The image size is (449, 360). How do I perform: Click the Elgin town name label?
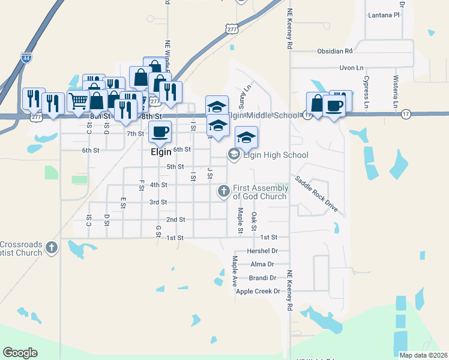pyautogui.click(x=161, y=153)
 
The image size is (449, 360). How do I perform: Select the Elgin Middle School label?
pyautogui.click(x=263, y=115)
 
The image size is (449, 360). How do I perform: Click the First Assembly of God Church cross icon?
pyautogui.click(x=223, y=191)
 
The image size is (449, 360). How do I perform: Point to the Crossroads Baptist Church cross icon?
pyautogui.click(x=52, y=247)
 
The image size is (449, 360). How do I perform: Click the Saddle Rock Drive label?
pyautogui.click(x=316, y=194)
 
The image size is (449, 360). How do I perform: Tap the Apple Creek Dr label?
pyautogui.click(x=258, y=291)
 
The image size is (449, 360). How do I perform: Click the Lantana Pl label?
pyautogui.click(x=384, y=14)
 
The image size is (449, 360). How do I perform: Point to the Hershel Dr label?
pyautogui.click(x=262, y=251)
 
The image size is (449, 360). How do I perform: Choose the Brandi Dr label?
pyautogui.click(x=264, y=278)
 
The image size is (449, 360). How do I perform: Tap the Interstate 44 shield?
pyautogui.click(x=26, y=58)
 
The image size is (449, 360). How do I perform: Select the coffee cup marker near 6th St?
pyautogui.click(x=159, y=131)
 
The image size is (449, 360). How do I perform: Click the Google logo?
pyautogui.click(x=20, y=353)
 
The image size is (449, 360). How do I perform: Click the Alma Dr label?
pyautogui.click(x=262, y=264)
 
